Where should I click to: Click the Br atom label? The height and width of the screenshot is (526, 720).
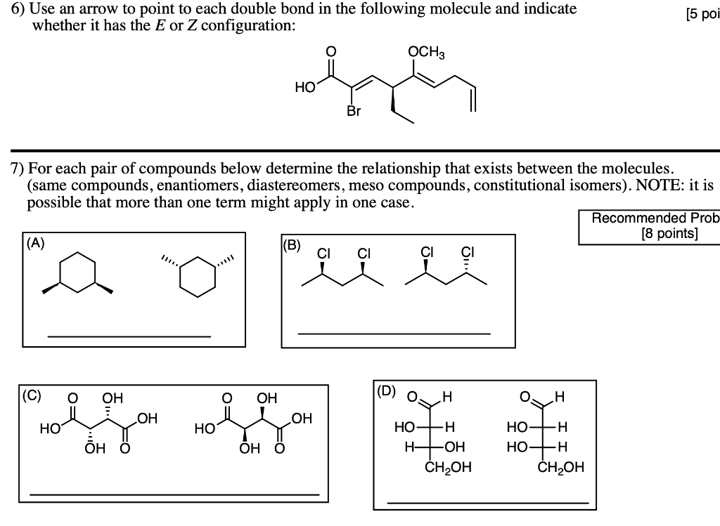(353, 110)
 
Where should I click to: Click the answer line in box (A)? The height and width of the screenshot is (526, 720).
(129, 337)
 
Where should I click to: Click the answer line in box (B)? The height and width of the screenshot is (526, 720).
(394, 334)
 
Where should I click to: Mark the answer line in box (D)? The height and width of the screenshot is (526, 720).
(487, 502)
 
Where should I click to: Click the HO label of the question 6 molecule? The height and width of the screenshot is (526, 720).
(305, 88)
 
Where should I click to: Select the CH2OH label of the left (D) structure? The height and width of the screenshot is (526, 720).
(448, 467)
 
